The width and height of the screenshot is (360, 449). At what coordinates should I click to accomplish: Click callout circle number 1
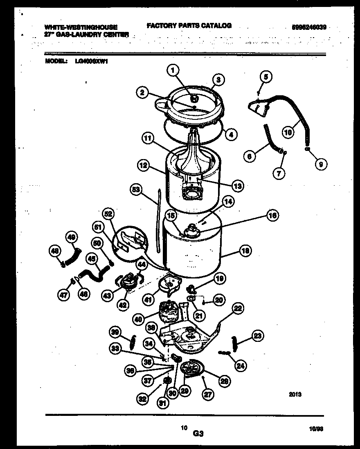(173, 71)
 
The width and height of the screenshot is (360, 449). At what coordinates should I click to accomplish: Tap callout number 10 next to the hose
(288, 132)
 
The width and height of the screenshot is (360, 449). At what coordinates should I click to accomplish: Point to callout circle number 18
(245, 251)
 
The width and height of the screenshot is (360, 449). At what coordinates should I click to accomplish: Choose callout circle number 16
(272, 215)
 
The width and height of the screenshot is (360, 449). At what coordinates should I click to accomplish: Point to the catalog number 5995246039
(309, 27)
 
